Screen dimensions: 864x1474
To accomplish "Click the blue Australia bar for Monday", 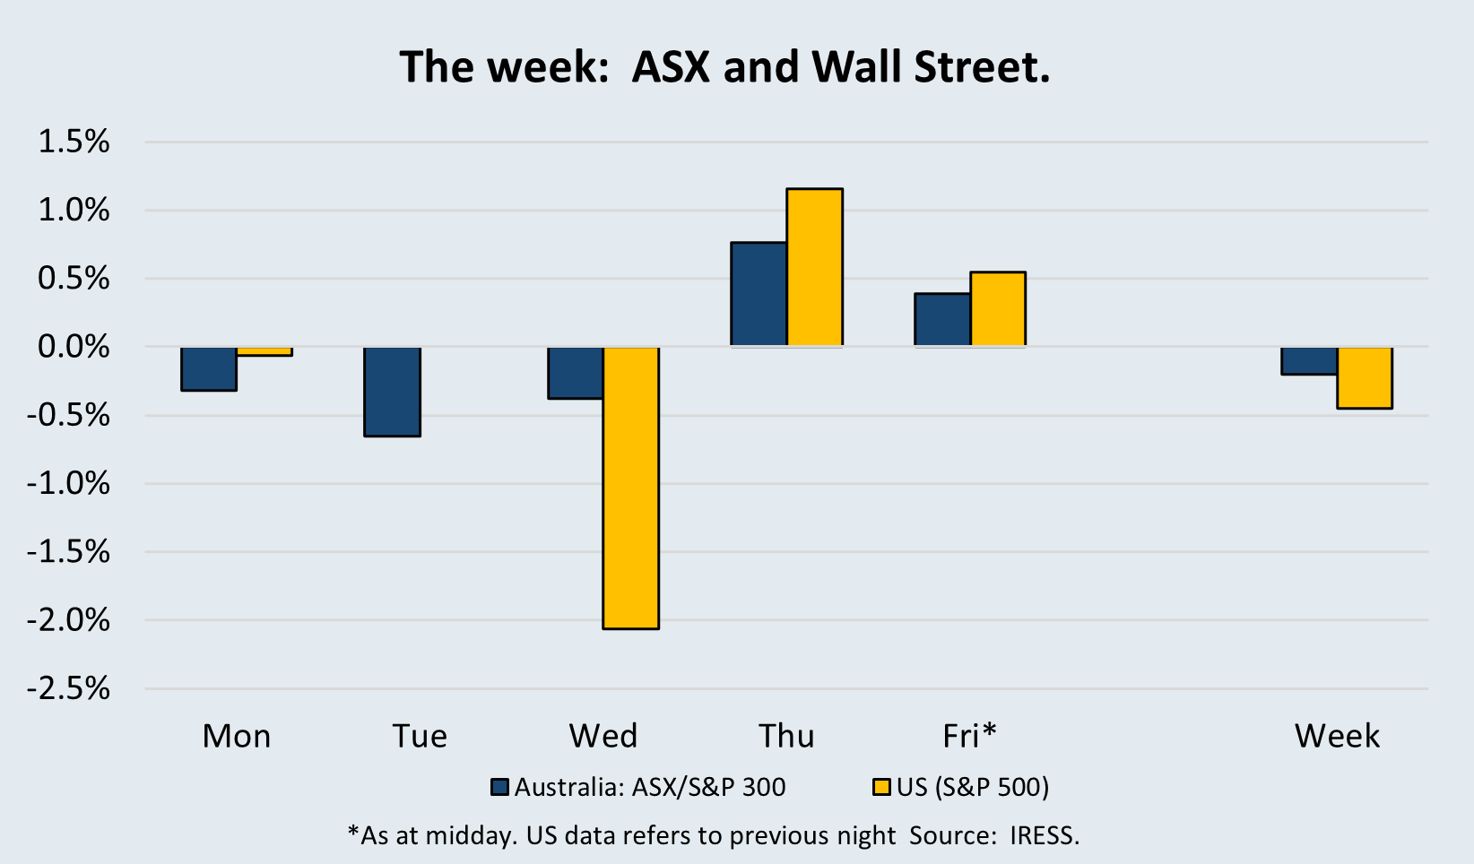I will coord(209,368).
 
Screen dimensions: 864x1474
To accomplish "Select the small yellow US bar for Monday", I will coord(264,351).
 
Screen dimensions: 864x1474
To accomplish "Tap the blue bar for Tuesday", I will coord(392,392).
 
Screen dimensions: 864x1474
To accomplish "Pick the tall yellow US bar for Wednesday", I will coord(631,488).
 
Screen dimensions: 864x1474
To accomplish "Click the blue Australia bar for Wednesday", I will coord(576,373).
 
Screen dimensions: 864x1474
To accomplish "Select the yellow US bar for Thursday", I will coord(815,267).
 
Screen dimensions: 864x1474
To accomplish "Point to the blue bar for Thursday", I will coord(759,294).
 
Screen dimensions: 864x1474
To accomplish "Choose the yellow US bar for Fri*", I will coord(998,309).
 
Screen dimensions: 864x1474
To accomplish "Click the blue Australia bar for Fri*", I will coord(942,320).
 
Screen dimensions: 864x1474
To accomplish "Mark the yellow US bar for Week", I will coord(1365,377).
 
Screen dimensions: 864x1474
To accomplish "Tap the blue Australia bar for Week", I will coord(1309,360).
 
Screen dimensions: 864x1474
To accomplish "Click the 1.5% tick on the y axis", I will coord(74,142).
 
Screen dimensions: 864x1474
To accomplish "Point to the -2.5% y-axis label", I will coord(69,688).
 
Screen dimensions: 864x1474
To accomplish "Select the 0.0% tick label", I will coord(74,347).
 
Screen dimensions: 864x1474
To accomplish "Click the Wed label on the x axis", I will coord(603,736).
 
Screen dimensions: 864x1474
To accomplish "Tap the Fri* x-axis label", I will coord(969,736).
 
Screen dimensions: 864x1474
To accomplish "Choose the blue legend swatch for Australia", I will coord(500,788).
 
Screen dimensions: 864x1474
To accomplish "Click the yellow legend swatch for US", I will coord(881,788).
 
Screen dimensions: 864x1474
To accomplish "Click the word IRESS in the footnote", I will coord(1044,835).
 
